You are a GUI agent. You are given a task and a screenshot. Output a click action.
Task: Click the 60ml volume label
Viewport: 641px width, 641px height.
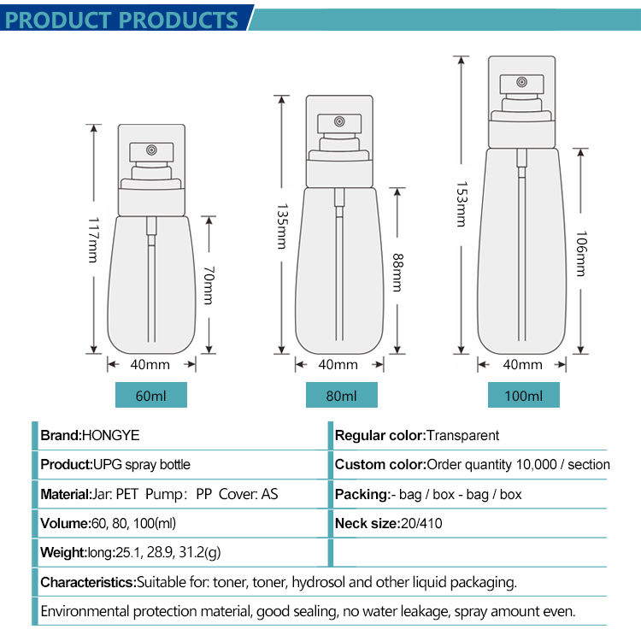point(150,396)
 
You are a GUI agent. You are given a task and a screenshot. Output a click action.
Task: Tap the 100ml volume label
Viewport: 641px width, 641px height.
point(524,396)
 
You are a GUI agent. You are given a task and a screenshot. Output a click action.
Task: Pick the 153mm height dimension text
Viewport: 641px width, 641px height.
point(462,204)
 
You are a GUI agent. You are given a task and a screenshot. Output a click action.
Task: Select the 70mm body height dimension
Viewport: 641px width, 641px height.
point(208,285)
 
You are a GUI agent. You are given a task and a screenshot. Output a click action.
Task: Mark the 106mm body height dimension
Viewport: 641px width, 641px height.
point(581,254)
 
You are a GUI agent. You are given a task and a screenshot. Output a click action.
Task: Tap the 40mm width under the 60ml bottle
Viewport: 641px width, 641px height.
point(150,364)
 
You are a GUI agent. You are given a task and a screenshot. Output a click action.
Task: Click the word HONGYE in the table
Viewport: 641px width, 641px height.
point(109,435)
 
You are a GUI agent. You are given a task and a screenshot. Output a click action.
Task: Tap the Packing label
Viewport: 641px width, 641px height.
point(362,494)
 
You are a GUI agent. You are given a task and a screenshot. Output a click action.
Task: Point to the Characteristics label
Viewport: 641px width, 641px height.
point(88,582)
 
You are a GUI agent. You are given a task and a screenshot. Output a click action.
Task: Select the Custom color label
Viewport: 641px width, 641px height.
point(379,465)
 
